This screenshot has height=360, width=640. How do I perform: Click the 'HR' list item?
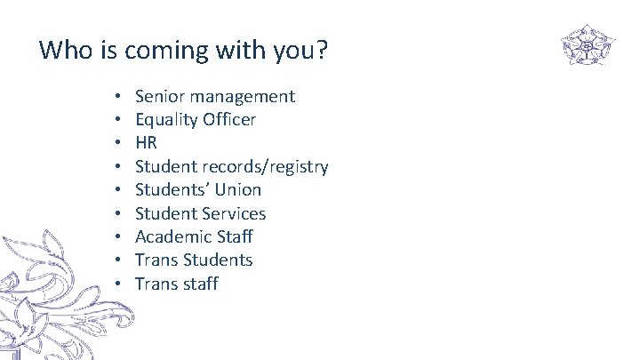click(146, 143)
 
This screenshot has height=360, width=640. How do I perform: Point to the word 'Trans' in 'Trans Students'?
click(156, 260)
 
